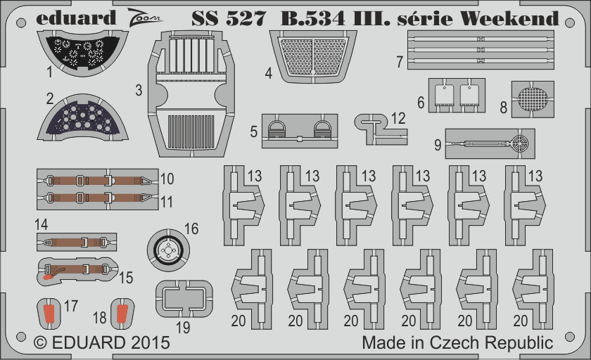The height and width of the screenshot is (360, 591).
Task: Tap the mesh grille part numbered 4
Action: [x=313, y=56]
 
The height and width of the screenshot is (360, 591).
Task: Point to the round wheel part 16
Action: [x=168, y=250]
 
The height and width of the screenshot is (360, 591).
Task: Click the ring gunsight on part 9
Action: [x=519, y=143]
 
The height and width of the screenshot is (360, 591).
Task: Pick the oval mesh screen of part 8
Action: [x=532, y=98]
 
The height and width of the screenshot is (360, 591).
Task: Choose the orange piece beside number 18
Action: [x=122, y=314]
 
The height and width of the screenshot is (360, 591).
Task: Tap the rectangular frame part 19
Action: [x=184, y=299]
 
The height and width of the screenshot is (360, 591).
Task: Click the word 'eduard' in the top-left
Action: [x=76, y=18]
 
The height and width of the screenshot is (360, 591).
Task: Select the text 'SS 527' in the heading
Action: [x=229, y=18]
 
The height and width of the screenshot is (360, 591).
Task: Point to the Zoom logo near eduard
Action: [x=144, y=18]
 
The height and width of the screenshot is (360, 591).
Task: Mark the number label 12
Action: [x=398, y=118]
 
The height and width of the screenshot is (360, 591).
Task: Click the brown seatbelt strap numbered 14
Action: [x=77, y=242]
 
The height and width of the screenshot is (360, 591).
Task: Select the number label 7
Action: [x=400, y=62]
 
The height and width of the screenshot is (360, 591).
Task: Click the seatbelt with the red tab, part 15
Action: [x=77, y=269]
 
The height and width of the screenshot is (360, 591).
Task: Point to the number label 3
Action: [x=139, y=91]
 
